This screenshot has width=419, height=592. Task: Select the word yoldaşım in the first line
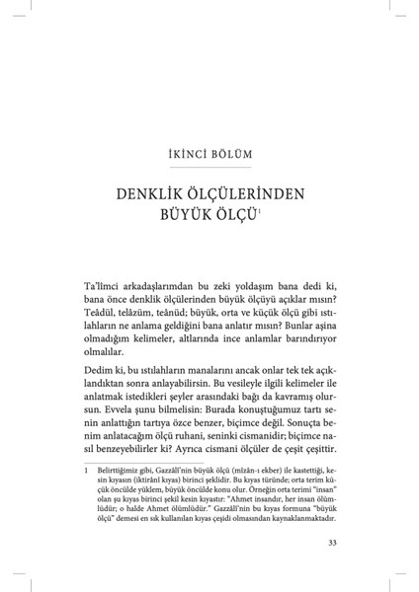click(245, 283)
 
